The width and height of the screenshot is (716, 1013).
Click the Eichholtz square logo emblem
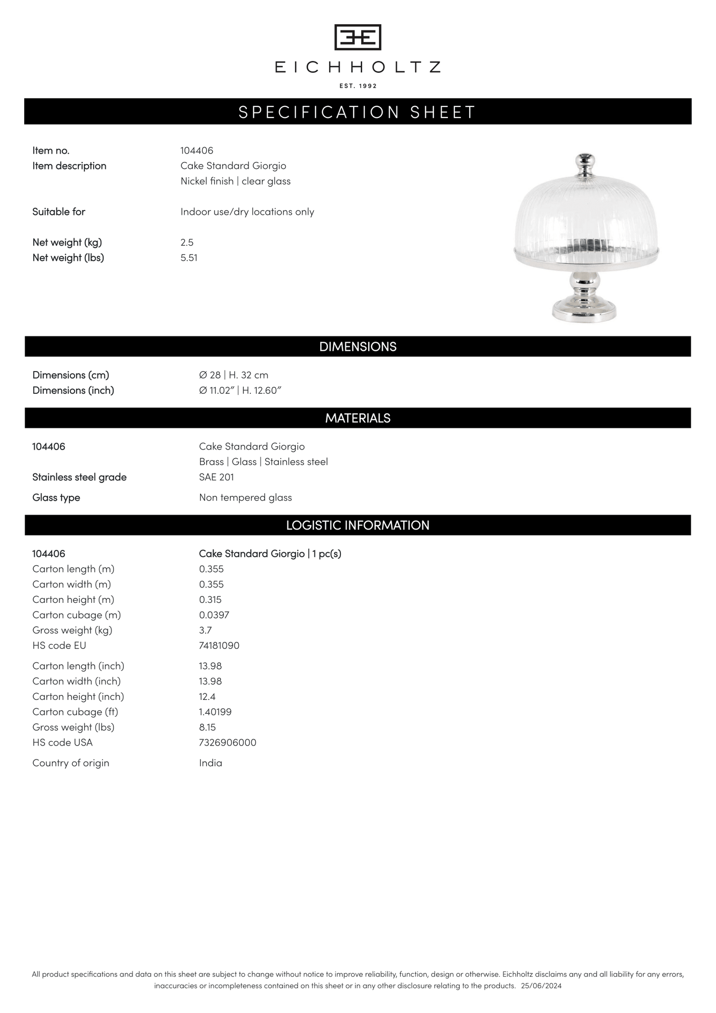tap(358, 37)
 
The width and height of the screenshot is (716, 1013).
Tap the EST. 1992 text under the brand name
tap(358, 86)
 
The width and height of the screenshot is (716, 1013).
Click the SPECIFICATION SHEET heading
tap(358, 112)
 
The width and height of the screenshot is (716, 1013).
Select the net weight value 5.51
tap(189, 258)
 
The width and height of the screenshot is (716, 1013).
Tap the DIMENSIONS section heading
tap(358, 347)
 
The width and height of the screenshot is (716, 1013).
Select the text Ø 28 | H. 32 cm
tap(233, 375)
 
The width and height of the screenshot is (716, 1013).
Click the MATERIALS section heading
tap(358, 418)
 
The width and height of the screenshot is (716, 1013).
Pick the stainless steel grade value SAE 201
tap(217, 477)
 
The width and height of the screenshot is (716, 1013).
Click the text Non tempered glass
tap(245, 497)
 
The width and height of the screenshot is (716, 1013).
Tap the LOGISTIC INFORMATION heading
tap(358, 525)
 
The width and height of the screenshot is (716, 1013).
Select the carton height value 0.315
tap(210, 600)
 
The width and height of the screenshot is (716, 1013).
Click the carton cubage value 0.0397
tap(214, 615)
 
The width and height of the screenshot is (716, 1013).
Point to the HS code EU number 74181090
tap(219, 646)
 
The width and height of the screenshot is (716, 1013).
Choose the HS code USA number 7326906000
tap(227, 743)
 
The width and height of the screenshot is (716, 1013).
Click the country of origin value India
tap(211, 763)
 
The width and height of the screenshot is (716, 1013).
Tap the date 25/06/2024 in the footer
tap(541, 986)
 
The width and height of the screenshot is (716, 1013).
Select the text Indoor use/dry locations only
tap(247, 212)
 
